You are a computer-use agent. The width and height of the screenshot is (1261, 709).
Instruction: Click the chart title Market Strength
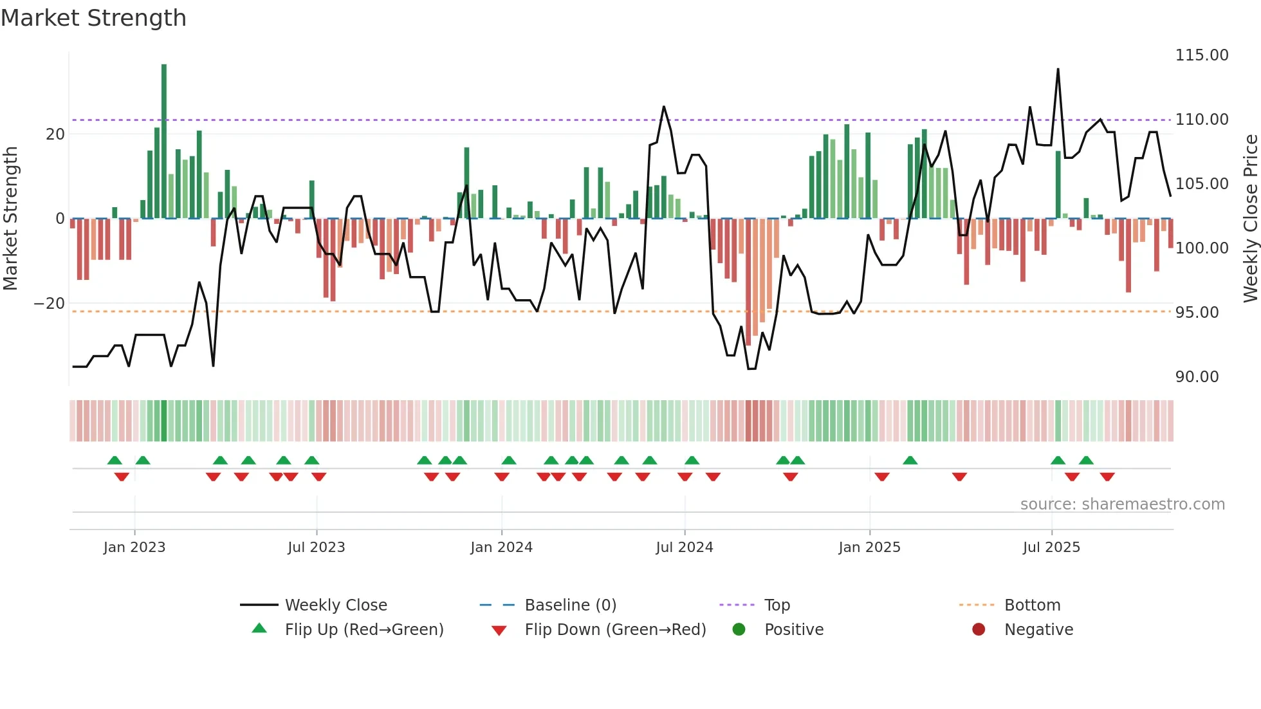pos(93,18)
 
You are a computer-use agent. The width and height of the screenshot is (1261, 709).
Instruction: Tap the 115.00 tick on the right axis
pos(1201,55)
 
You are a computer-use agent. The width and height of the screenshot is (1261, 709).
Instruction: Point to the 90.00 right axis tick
pos(1197,377)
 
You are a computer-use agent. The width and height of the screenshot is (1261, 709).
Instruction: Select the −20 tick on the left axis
pos(50,304)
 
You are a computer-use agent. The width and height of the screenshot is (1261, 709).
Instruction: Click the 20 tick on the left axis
pos(55,134)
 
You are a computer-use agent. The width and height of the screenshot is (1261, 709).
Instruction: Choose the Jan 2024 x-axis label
pos(501,548)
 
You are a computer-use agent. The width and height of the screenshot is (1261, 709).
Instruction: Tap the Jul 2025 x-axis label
pos(1051,548)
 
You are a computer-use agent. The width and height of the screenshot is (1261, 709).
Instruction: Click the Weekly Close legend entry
pos(335,605)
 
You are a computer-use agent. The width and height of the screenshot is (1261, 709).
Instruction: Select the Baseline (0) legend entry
pos(570,605)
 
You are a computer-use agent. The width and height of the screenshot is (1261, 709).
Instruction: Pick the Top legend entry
pos(777,605)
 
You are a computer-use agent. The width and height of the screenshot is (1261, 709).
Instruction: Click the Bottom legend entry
pos(1032,605)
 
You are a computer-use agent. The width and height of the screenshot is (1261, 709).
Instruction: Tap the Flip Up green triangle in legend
pos(259,629)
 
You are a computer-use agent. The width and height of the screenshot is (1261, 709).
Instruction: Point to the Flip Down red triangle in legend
pos(499,631)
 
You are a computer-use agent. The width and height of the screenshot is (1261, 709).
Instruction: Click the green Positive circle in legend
pos(739,630)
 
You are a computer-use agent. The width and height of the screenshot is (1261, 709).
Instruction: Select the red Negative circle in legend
pos(979,630)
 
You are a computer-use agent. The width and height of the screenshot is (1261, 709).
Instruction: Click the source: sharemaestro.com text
pos(1122,504)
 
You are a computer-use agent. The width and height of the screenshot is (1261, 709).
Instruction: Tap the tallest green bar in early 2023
pos(164,142)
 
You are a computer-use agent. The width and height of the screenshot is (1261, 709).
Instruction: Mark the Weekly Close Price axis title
pos(1250,218)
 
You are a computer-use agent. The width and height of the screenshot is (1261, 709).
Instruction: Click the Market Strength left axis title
pos(10,218)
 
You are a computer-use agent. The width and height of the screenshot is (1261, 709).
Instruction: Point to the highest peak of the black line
pos(1058,69)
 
